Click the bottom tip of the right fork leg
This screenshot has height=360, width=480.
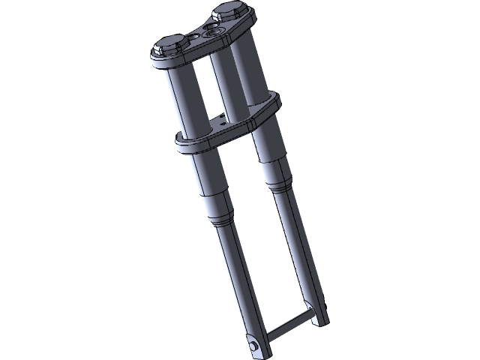point(322,319)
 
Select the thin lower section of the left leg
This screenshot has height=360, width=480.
point(241,285)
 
